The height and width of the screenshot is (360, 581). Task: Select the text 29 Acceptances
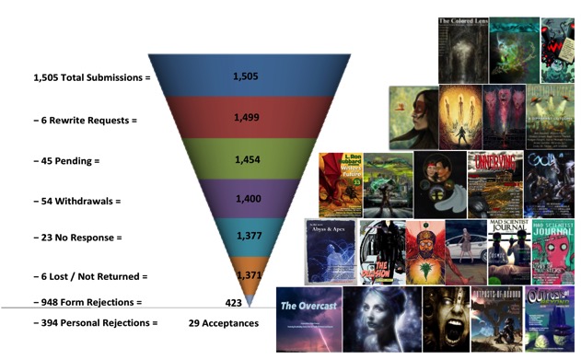point(223,323)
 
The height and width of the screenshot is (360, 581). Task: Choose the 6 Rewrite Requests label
point(80,121)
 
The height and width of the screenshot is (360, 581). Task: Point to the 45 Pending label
point(65,160)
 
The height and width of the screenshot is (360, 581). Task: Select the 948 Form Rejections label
point(87,301)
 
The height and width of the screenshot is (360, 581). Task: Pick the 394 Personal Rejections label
point(95,323)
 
